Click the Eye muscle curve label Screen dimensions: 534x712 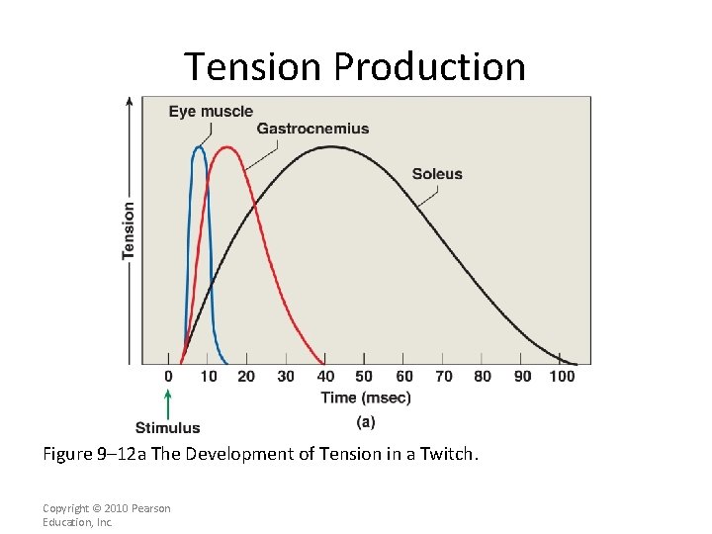[211, 112]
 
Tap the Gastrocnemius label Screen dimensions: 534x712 [312, 129]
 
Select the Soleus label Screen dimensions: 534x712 [437, 174]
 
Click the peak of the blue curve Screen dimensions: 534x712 [200, 147]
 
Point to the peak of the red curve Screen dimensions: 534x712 [228, 147]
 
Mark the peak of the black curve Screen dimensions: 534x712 [331, 146]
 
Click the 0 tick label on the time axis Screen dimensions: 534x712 [168, 377]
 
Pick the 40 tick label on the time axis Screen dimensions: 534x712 [324, 377]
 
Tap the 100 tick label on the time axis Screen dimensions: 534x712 [562, 377]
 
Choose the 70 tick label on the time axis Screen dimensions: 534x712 [443, 377]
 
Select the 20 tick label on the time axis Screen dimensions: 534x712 [246, 377]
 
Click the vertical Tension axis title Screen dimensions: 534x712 [129, 231]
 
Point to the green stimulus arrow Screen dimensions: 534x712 [168, 404]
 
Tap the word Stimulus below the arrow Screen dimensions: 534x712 [168, 428]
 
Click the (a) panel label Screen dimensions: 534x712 [366, 422]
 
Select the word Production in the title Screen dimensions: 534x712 [429, 67]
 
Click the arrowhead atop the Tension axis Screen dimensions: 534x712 [129, 101]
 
